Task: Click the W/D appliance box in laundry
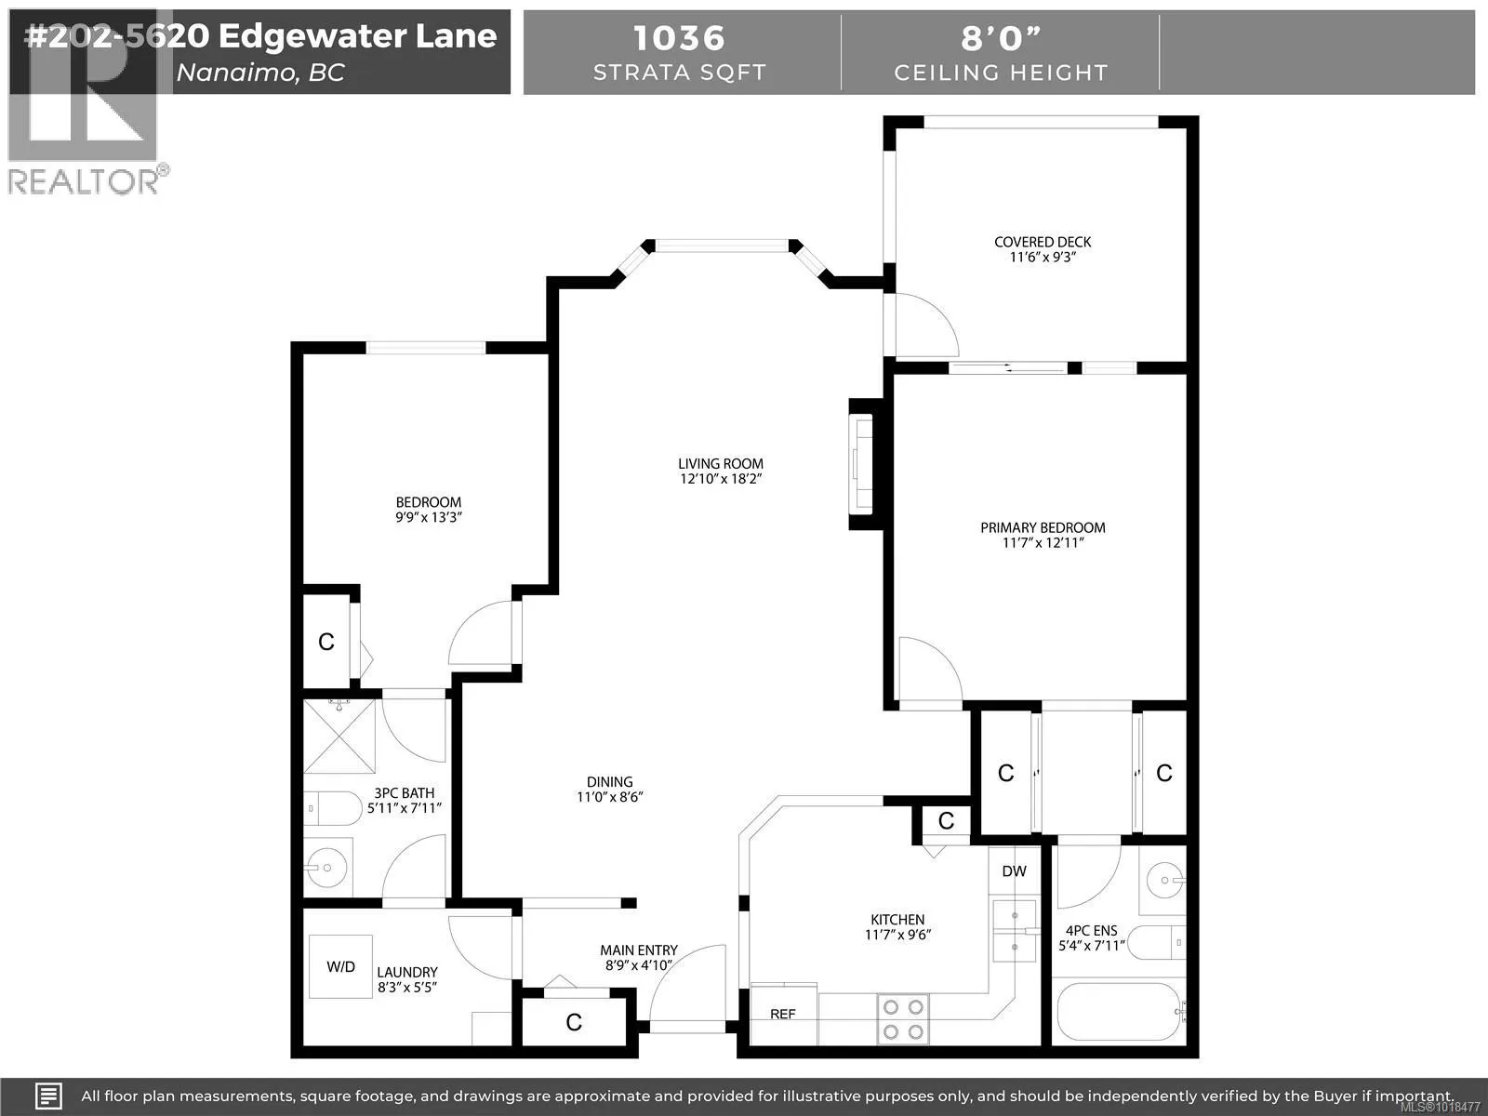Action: [340, 966]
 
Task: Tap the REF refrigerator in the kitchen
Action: [783, 1014]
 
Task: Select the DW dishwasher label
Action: [1014, 871]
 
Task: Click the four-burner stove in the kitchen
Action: [903, 1018]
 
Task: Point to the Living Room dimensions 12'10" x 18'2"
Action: [721, 480]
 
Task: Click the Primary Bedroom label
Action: [1043, 527]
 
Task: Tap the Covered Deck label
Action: [1043, 242]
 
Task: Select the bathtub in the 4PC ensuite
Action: [1119, 1012]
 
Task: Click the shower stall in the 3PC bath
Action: [339, 737]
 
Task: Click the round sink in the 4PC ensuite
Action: [1162, 878]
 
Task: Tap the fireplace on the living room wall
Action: [862, 464]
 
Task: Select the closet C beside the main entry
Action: [574, 1023]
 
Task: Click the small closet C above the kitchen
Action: [946, 820]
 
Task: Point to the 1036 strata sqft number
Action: [678, 38]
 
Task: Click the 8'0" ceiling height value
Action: [1000, 38]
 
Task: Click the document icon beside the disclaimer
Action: [49, 1096]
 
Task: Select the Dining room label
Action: [609, 782]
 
